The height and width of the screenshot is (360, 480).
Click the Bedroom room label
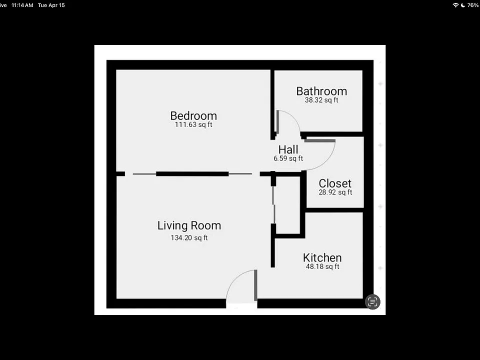click(193, 116)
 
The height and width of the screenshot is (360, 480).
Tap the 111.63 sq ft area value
click(193, 124)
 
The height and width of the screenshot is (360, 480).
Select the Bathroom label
click(321, 91)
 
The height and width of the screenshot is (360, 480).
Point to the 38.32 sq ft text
click(321, 100)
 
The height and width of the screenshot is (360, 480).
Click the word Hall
click(288, 149)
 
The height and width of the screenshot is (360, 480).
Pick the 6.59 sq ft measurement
click(288, 158)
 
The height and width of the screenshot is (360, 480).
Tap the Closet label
click(335, 183)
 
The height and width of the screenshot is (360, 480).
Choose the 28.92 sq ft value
click(335, 192)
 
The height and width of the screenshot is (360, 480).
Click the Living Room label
click(189, 225)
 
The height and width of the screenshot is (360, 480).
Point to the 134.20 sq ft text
click(189, 238)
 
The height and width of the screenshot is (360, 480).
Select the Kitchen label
click(322, 258)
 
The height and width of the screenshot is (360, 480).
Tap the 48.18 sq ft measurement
click(322, 266)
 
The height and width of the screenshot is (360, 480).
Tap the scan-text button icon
click(372, 302)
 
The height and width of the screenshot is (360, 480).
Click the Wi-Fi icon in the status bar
click(455, 5)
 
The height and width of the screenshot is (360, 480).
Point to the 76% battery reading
click(472, 5)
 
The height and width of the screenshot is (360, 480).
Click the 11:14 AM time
click(22, 5)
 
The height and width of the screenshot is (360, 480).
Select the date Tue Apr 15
click(51, 5)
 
